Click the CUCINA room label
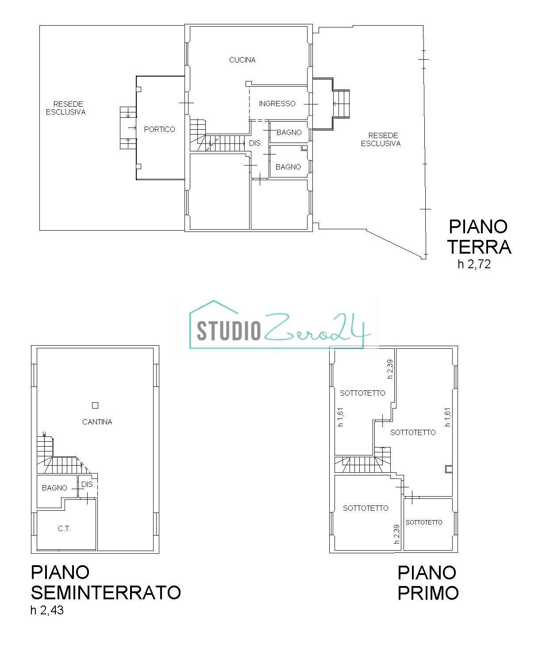tap(242, 60)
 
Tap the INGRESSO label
tap(277, 104)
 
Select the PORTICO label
tap(159, 129)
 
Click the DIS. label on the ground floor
tap(256, 143)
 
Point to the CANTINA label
tap(97, 422)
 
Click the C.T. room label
tap(64, 528)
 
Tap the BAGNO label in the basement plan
tap(54, 488)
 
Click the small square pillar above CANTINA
tap(95, 405)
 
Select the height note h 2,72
tap(474, 265)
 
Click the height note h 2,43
tap(47, 610)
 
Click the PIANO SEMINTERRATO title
tap(105, 582)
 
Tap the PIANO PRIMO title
tap(428, 582)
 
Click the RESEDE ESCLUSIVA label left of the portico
tap(65, 108)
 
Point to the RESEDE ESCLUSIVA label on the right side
tap(381, 139)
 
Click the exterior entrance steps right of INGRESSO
tap(341, 104)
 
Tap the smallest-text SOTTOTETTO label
tap(424, 522)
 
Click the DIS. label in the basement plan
tap(88, 484)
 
